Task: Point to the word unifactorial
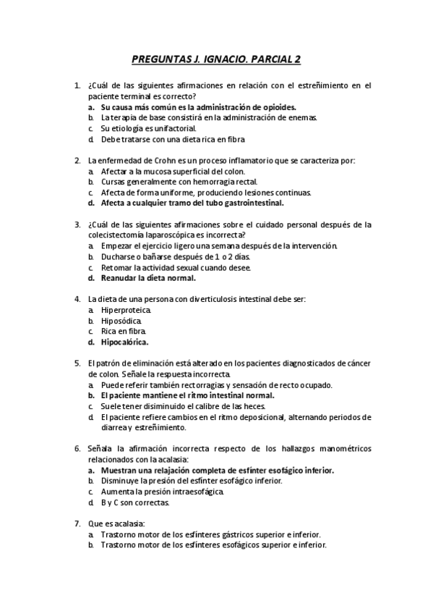[x=150, y=127]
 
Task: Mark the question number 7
[x=77, y=523]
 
